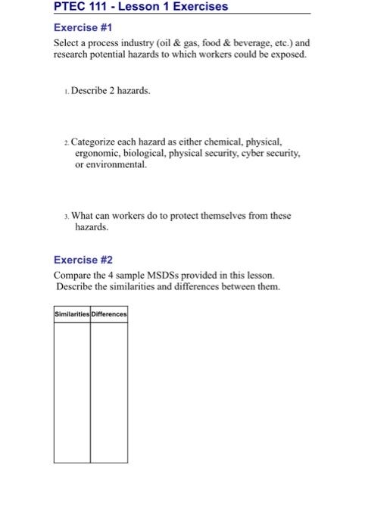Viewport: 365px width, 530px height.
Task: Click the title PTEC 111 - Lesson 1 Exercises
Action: tap(141, 7)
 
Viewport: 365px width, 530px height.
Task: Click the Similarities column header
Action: tap(72, 314)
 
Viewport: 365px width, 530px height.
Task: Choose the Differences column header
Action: tap(109, 314)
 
